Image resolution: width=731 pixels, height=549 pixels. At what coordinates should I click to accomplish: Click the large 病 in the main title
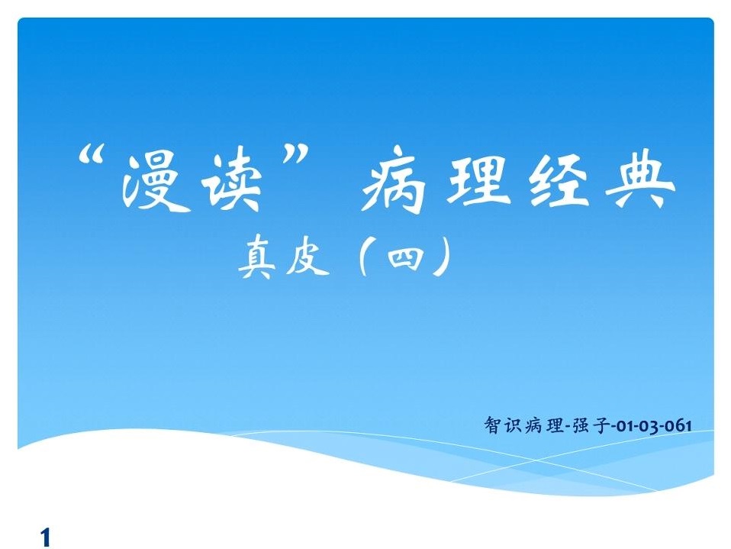click(394, 180)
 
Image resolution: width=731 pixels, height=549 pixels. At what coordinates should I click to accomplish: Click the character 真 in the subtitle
click(257, 257)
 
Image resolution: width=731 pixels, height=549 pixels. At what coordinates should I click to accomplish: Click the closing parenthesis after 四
click(443, 257)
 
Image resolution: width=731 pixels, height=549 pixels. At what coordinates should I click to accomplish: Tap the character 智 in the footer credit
click(492, 425)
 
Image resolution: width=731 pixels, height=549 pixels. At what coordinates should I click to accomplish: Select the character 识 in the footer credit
click(512, 425)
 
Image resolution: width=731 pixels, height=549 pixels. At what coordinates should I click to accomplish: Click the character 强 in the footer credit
click(581, 426)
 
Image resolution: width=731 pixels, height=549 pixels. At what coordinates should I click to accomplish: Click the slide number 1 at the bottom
click(46, 538)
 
